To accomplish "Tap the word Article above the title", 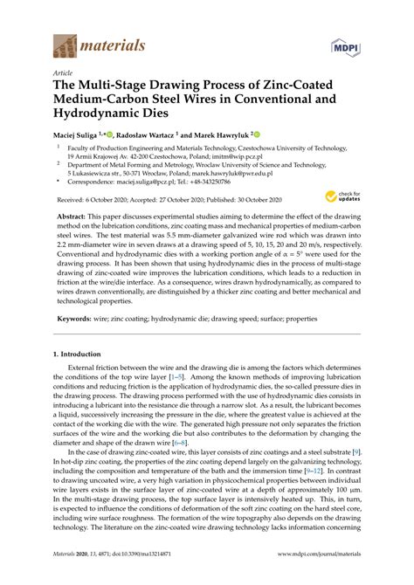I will [63, 73].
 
